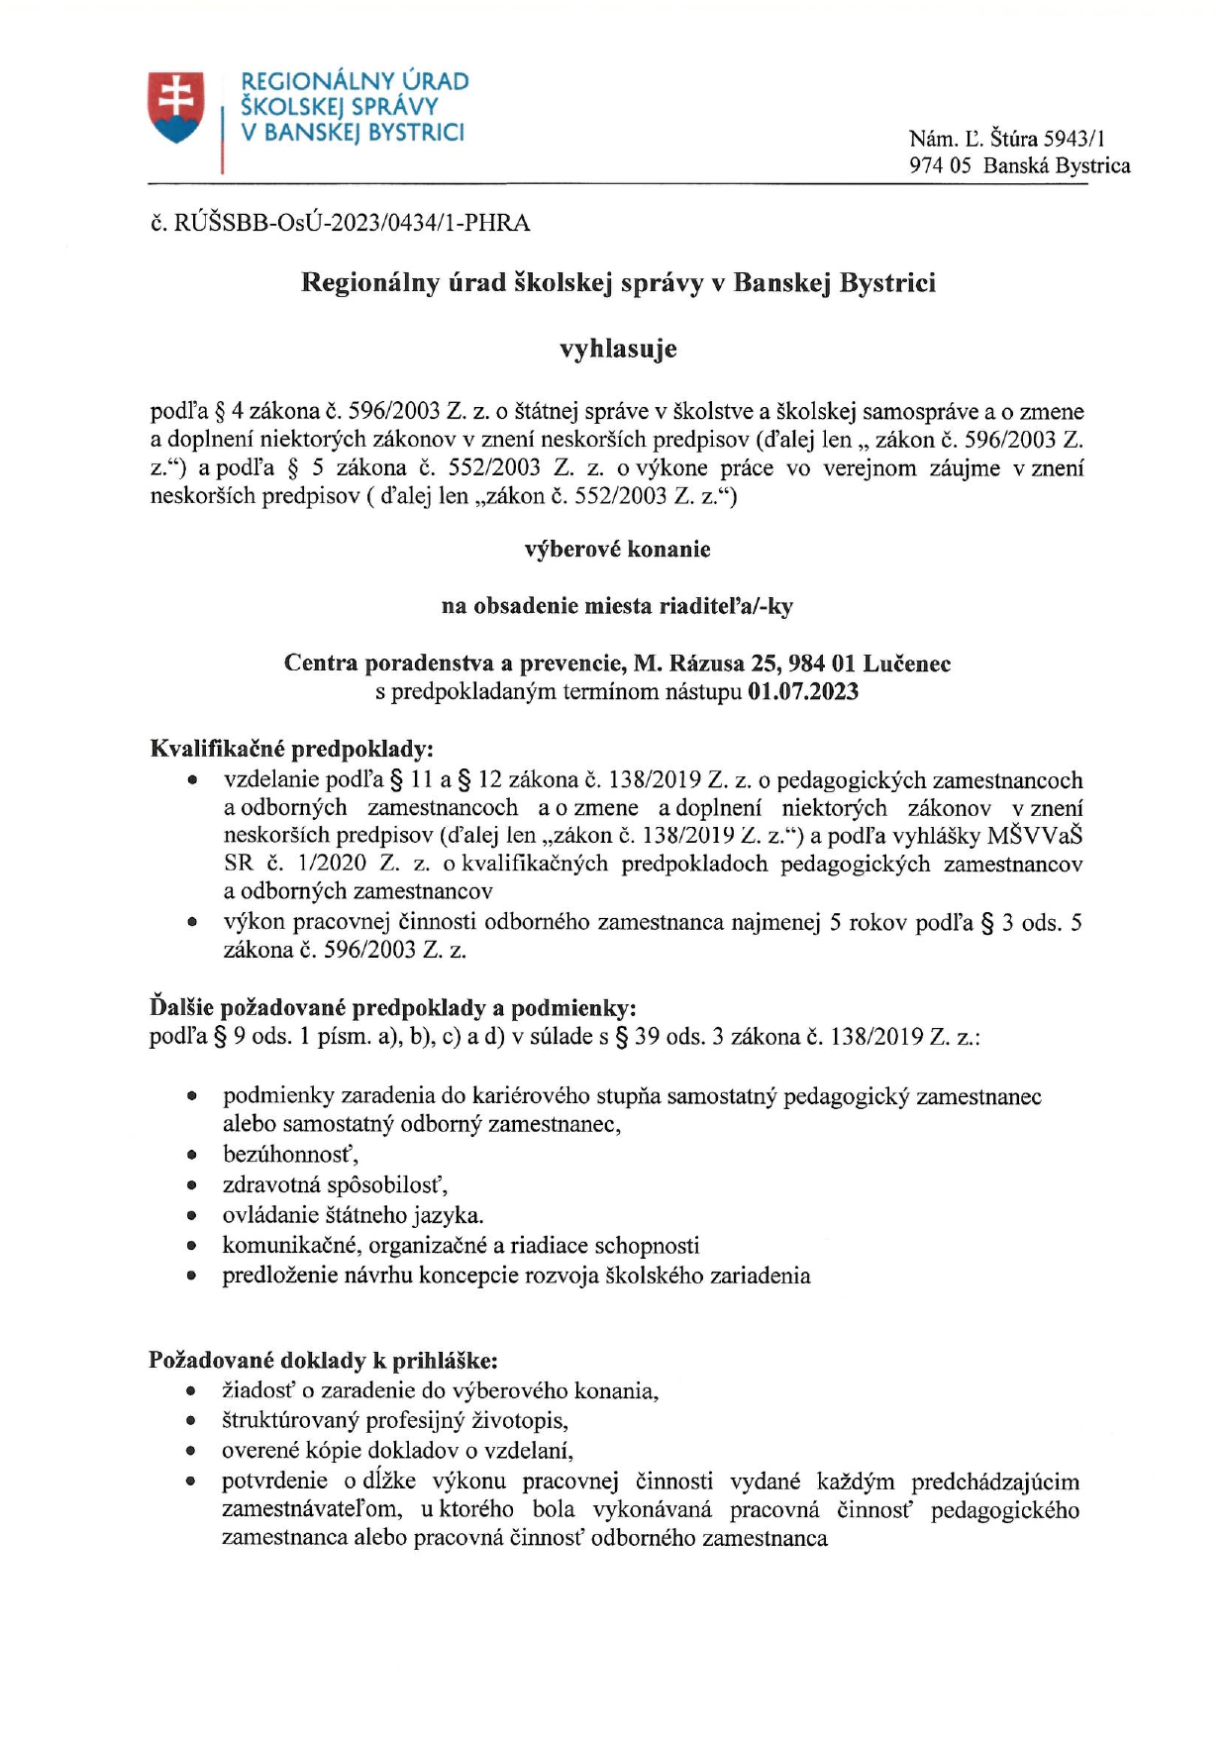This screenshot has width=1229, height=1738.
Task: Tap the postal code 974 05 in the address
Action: [x=940, y=166]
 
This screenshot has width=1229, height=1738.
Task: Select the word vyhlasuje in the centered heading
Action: [x=618, y=349]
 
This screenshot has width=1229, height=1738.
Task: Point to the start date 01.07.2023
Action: [x=803, y=691]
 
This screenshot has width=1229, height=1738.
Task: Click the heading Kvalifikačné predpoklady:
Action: [x=291, y=748]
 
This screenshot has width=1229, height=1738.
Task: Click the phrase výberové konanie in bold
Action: [x=617, y=550]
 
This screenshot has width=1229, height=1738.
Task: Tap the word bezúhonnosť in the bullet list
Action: [x=289, y=1155]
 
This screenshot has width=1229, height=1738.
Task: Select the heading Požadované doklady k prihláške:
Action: [x=323, y=1360]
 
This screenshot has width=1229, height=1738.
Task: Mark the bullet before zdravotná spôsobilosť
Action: [x=192, y=1185]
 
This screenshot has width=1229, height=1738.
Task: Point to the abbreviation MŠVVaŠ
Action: [x=1034, y=836]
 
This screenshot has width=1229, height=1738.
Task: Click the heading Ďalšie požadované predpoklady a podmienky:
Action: [x=392, y=1008]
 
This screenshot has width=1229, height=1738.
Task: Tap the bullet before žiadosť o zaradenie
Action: [x=192, y=1391]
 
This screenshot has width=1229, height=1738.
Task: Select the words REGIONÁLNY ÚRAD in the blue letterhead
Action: [x=355, y=81]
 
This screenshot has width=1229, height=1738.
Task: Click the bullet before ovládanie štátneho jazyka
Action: [x=192, y=1216]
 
